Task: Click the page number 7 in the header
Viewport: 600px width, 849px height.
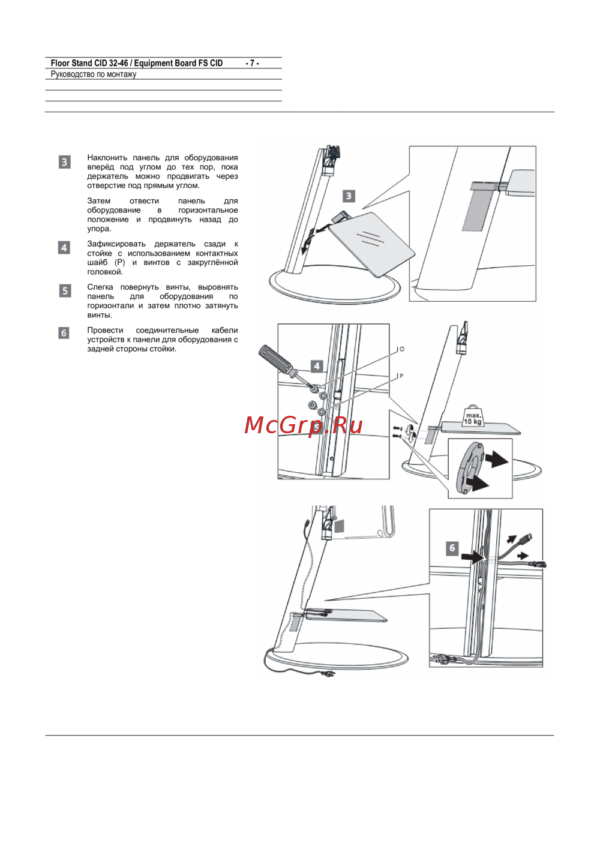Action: click(252, 63)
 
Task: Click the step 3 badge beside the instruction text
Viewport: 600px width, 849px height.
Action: click(64, 162)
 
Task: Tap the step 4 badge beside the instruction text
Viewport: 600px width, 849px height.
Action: click(64, 247)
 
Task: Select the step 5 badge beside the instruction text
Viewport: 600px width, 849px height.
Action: click(65, 291)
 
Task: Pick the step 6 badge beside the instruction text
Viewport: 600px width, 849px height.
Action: click(64, 333)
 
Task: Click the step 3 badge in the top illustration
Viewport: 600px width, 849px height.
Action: click(349, 196)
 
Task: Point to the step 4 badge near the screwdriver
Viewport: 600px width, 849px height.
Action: click(317, 366)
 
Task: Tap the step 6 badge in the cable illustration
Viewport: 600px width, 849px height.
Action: click(452, 548)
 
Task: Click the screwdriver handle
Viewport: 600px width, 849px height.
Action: click(273, 356)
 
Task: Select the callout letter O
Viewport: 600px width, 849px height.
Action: click(402, 349)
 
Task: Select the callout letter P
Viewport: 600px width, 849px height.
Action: click(401, 376)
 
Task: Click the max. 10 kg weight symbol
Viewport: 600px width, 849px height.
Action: click(472, 417)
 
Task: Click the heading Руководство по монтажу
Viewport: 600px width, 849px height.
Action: click(93, 74)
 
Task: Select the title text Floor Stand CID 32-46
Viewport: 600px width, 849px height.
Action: click(89, 63)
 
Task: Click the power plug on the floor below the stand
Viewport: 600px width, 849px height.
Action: click(328, 673)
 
